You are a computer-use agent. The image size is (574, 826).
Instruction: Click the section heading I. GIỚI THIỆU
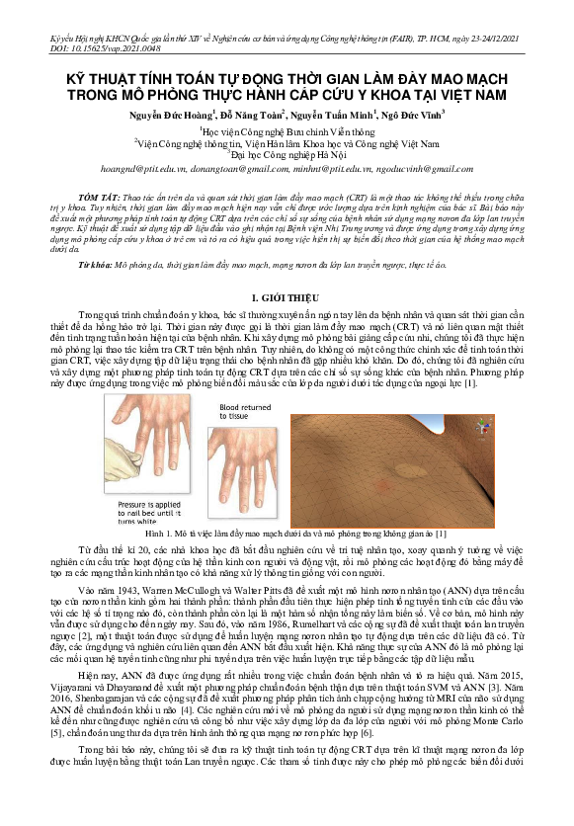(x=287, y=295)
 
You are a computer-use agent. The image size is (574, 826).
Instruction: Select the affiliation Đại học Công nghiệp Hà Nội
(x=287, y=154)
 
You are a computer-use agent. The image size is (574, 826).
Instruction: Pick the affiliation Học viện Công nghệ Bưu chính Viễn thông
(x=287, y=129)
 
